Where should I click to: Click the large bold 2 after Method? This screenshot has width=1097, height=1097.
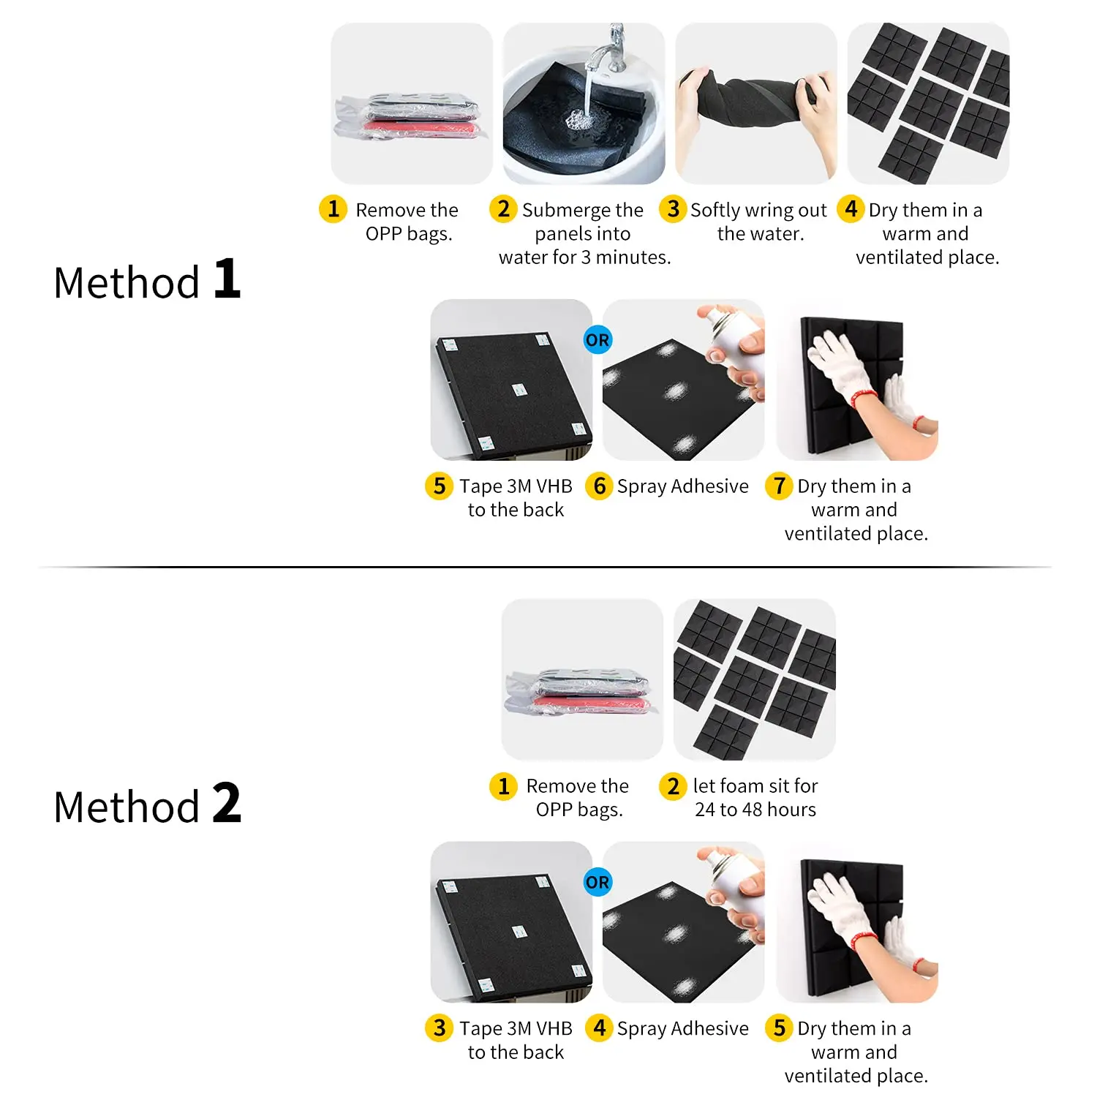[227, 803]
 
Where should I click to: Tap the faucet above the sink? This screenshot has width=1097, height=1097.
[611, 51]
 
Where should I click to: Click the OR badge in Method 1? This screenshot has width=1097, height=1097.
[597, 340]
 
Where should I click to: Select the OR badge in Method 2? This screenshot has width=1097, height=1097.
[597, 882]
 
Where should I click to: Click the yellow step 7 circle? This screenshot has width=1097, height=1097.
[779, 486]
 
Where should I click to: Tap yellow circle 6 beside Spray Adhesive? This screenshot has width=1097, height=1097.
[599, 486]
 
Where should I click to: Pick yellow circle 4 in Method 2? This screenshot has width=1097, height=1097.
[599, 1028]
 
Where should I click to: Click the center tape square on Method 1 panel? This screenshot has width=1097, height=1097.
[519, 389]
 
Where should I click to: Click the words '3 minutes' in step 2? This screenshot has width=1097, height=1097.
[625, 257]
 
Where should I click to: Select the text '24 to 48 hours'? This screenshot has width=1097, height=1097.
[755, 810]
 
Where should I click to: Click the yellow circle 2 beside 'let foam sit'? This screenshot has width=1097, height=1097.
[674, 786]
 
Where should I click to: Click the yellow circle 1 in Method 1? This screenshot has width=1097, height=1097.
[333, 209]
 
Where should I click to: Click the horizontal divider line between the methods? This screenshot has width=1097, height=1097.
[545, 567]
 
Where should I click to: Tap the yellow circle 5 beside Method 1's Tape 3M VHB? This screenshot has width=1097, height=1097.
[439, 486]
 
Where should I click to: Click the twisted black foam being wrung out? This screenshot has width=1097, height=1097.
[753, 102]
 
